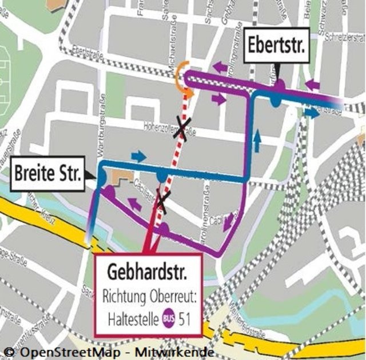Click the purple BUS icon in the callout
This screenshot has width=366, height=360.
(x=169, y=316)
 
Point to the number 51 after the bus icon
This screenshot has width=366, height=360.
(x=185, y=316)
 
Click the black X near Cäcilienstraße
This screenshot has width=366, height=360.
(x=162, y=201)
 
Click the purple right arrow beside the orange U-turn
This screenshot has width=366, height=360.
(x=218, y=99)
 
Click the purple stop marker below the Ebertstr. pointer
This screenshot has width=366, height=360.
(x=281, y=85)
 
